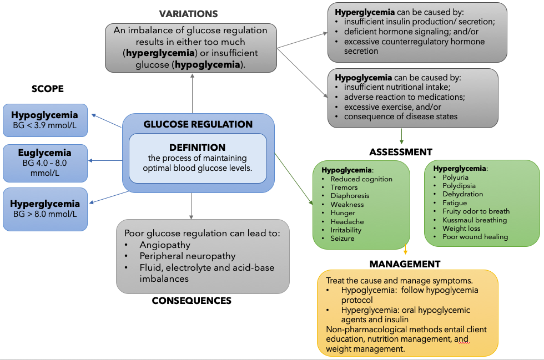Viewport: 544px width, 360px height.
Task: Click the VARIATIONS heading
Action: click(188, 14)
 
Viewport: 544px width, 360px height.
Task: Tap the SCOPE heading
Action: click(48, 89)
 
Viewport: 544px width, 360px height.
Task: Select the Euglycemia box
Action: click(44, 163)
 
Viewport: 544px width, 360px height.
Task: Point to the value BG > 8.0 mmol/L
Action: click(44, 214)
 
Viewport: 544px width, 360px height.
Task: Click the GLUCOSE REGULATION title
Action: click(198, 124)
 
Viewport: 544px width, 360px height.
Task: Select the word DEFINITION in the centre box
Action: click(198, 148)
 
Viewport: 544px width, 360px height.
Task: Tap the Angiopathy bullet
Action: click(165, 245)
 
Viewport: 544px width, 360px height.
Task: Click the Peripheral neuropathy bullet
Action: click(187, 256)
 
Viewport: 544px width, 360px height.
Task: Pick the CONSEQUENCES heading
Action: click(191, 301)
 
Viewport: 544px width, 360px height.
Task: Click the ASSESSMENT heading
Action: click(400, 152)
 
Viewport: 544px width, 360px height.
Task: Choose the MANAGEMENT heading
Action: click(405, 264)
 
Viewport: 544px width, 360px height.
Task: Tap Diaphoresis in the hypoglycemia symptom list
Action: click(350, 196)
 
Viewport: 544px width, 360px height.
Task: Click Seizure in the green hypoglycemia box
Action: click(342, 239)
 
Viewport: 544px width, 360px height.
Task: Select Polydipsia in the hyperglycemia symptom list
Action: click(459, 186)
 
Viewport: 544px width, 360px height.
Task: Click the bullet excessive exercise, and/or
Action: click(388, 107)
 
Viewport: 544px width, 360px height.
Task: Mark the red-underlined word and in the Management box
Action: click(461, 339)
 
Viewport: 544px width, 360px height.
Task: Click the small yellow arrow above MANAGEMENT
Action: click(406, 250)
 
